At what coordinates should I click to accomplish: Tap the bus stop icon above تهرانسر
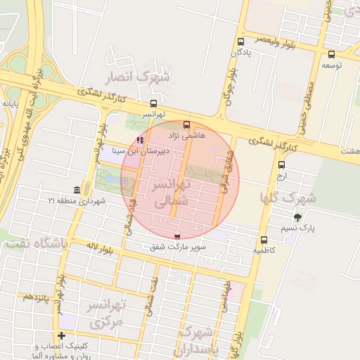154,103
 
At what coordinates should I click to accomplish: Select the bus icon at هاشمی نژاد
186,124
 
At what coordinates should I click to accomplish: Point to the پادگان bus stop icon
241,41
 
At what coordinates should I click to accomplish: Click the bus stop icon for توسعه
331,54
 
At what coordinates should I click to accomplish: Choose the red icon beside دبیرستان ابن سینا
140,140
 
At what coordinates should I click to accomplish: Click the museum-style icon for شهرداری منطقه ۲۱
77,191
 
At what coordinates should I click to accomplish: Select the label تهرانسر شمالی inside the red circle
172,192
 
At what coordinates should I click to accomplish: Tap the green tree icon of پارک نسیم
297,217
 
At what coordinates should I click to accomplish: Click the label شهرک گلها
288,198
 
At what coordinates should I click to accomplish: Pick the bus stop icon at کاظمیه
264,240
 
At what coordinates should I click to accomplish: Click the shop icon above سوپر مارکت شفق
176,236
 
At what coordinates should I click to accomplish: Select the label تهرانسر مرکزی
105,313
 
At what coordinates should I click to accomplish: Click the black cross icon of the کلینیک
62,336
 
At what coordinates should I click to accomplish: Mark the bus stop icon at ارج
282,164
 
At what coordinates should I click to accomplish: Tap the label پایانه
10,103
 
